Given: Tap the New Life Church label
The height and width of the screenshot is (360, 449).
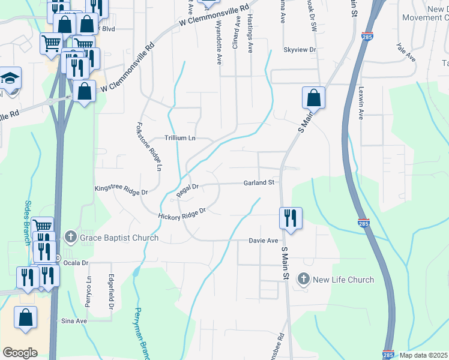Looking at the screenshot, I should point(344,280).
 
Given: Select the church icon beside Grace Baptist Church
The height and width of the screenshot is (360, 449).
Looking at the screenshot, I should point(71,238).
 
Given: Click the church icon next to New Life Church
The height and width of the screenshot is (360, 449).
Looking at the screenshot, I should point(304,280).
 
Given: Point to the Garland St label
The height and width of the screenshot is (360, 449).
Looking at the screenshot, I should point(259,182).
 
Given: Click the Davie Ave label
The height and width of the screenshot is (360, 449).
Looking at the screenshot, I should point(264,241).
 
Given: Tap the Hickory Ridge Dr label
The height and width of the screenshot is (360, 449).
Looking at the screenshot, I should point(182,214).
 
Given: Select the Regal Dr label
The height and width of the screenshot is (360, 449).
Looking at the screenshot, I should point(187,190).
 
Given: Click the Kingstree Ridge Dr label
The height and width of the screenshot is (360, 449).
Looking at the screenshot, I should point(121,190).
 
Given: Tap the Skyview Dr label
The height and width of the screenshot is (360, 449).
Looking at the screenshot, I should point(300,50).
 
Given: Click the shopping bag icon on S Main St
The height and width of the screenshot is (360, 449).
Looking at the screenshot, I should point(313,97).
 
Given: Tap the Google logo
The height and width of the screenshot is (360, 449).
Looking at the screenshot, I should point(20,353).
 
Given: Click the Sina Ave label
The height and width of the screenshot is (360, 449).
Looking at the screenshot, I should point(74,321).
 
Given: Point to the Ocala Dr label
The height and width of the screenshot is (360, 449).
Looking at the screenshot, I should point(76,263).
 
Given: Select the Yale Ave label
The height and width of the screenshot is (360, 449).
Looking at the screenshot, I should point(406,52).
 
